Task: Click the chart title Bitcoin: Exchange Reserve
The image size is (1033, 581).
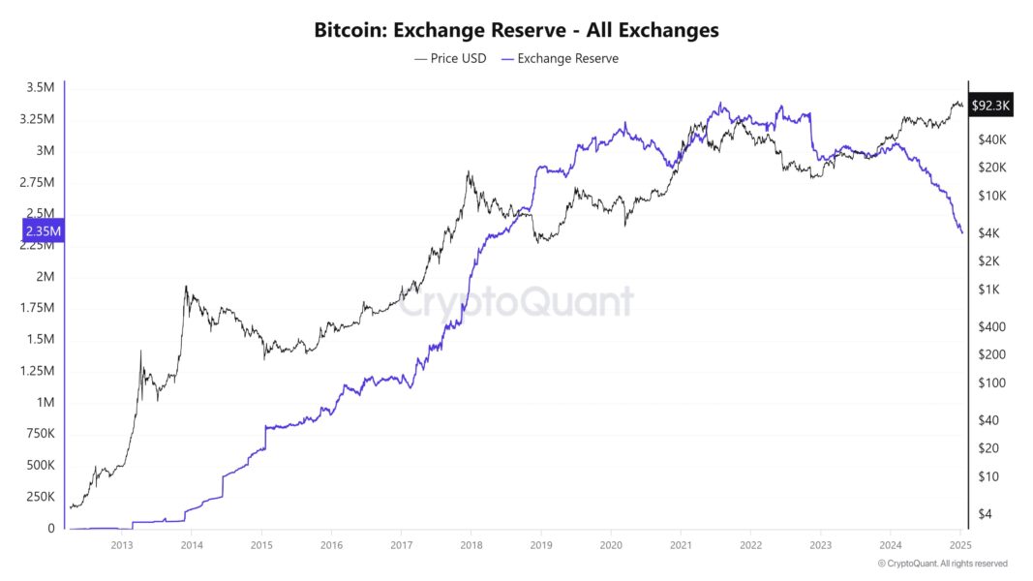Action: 516,30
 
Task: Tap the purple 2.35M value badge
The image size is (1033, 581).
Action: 42,230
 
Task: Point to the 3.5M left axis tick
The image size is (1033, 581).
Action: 42,88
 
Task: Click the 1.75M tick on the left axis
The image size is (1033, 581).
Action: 39,308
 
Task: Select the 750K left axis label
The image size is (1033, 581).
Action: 40,434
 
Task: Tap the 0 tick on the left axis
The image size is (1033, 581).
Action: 51,529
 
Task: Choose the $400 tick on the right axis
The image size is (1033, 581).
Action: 990,326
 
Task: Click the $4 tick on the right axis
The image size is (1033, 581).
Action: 985,514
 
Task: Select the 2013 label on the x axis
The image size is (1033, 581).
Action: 121,545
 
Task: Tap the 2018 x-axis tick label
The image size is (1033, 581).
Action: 471,545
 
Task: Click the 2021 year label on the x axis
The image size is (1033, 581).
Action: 681,545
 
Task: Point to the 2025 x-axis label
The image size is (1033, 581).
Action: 959,545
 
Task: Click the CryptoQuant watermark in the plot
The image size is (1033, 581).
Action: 516,302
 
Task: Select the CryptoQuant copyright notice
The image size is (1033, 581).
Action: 942,564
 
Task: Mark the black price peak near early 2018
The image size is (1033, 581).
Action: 469,172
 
